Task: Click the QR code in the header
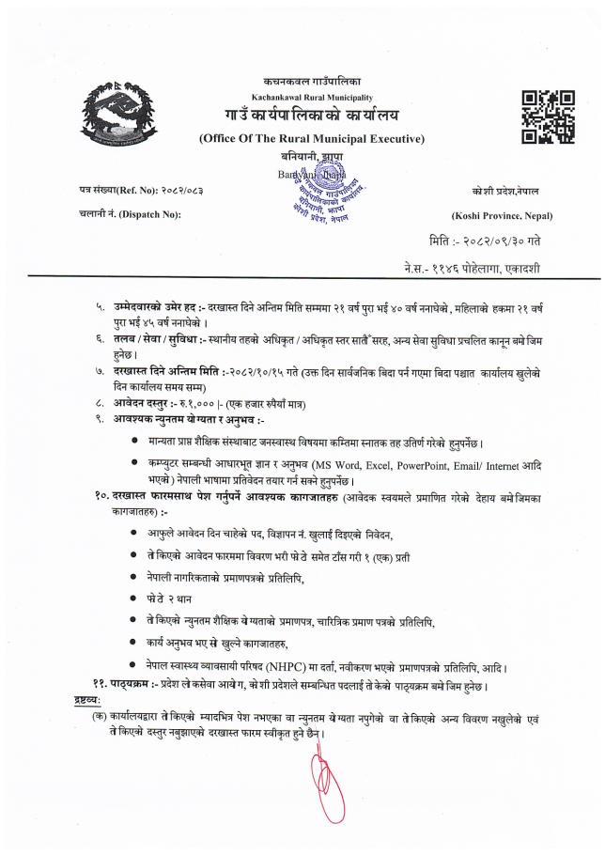[547, 117]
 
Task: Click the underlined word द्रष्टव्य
[87, 701]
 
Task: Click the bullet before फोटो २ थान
[138, 598]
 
